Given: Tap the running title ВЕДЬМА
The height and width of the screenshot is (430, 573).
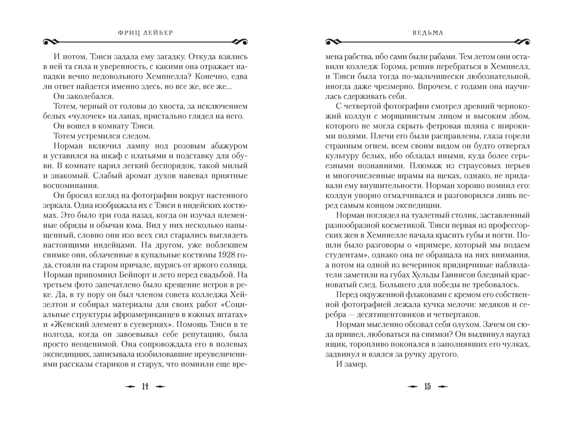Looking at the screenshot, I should tap(426, 31).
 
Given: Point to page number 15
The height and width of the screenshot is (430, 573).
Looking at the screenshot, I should tap(427, 386).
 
